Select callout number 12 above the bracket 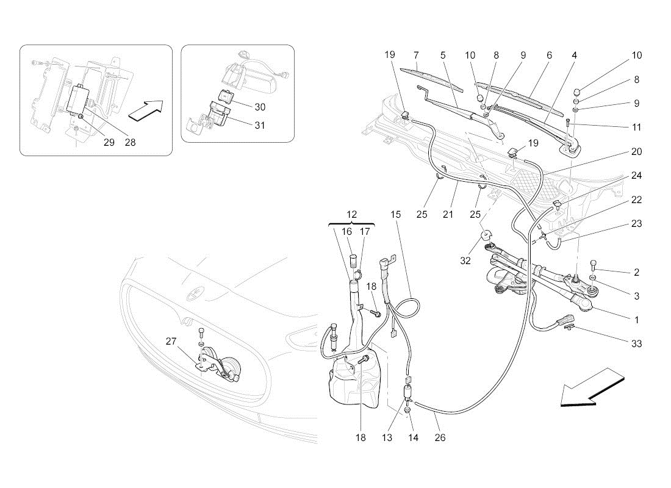coord(352,214)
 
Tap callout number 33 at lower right coord(636,344)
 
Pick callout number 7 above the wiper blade coord(415,55)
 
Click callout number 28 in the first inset coord(130,142)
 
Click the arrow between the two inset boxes coord(147,110)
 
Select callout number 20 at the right coord(636,151)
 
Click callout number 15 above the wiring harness coord(396,214)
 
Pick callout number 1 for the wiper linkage coord(636,320)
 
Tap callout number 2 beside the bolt coord(636,272)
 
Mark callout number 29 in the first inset coord(109,142)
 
